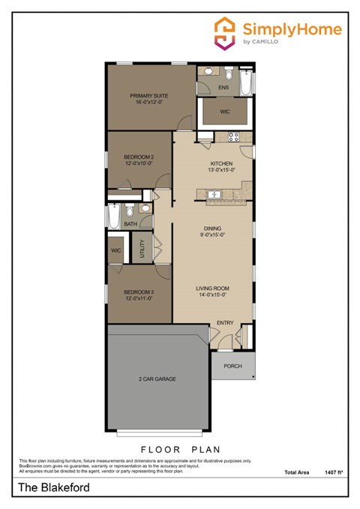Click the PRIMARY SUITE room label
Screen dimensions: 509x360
pos(148,96)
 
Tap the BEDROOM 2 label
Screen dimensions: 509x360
pos(138,157)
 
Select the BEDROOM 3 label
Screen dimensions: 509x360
pos(138,292)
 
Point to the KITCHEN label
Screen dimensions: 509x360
pos(221,163)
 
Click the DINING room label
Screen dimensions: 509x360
pos(212,230)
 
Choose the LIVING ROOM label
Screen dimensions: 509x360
pos(212,289)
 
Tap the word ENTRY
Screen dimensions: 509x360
pos(225,323)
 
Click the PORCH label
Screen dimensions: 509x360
pos(233,366)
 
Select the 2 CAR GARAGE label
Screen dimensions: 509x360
pos(157,379)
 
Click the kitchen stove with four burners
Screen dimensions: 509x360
pos(232,136)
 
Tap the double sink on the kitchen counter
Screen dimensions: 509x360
pos(214,195)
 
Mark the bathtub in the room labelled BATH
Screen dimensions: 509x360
pos(113,218)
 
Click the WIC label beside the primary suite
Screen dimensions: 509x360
pos(224,112)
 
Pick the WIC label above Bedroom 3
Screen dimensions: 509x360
pos(116,250)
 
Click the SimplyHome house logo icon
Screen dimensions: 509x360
pos(224,32)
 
